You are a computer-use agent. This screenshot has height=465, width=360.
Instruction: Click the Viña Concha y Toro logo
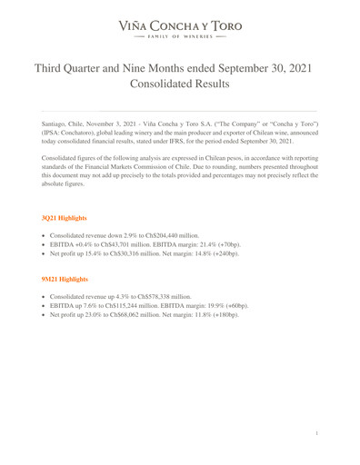[x=180, y=26]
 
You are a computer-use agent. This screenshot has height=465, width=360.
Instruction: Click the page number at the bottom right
[x=315, y=434]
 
